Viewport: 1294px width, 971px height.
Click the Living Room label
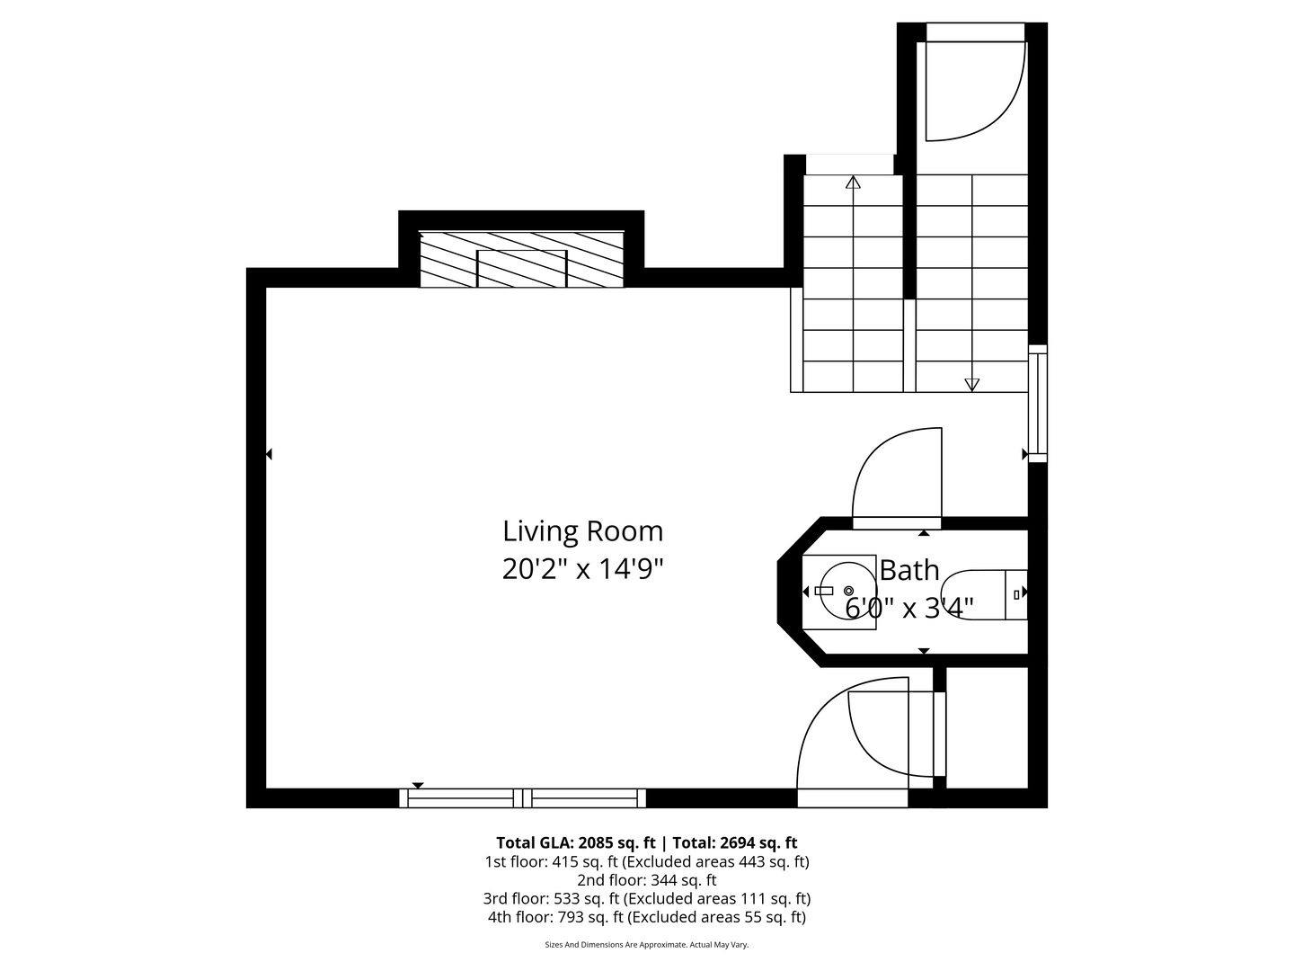(x=582, y=531)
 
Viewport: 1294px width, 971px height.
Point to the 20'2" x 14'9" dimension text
(x=582, y=569)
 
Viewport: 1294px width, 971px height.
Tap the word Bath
(x=909, y=570)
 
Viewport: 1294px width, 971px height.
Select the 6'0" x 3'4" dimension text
(x=909, y=607)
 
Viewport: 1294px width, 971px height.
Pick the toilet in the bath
(x=983, y=595)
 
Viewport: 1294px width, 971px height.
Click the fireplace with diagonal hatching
(x=521, y=260)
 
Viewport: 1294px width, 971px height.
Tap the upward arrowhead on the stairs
(x=853, y=183)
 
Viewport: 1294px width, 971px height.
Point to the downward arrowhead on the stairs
(x=971, y=385)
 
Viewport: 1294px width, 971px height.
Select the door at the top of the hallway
(x=976, y=83)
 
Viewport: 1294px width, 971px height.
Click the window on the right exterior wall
(x=1038, y=404)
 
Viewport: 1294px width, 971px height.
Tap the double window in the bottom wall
(x=522, y=797)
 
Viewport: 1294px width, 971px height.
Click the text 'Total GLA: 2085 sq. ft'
(x=575, y=842)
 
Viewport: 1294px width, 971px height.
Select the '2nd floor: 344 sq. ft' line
(x=647, y=880)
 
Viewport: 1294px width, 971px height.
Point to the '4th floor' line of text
(x=647, y=917)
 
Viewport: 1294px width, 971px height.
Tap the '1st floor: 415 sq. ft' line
(x=647, y=862)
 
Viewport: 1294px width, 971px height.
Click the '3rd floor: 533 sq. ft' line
(x=647, y=898)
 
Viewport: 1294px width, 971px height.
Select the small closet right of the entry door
(x=987, y=727)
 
